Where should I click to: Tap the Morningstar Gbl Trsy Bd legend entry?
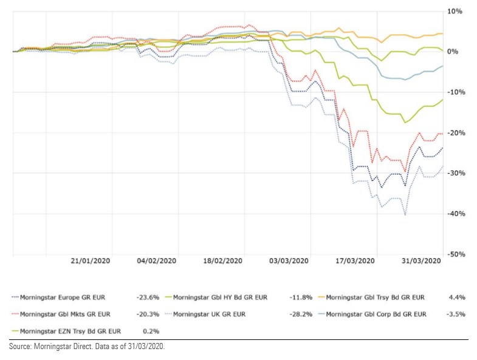click(374, 297)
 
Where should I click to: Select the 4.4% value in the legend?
click(457, 297)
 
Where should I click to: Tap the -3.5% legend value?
click(455, 314)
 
